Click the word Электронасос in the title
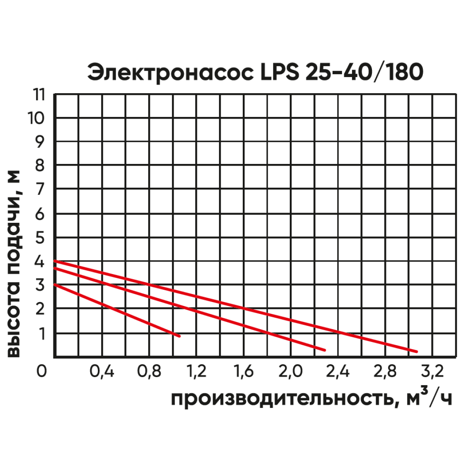[168, 72]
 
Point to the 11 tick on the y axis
[39, 95]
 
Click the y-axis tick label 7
[40, 189]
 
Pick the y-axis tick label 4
[40, 262]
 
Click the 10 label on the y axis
[36, 118]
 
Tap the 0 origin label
[41, 372]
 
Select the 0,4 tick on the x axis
[102, 372]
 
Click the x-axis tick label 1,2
[197, 372]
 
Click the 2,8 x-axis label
[386, 372]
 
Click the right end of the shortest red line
[179, 336]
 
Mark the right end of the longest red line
[417, 352]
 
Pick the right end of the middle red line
[325, 350]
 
